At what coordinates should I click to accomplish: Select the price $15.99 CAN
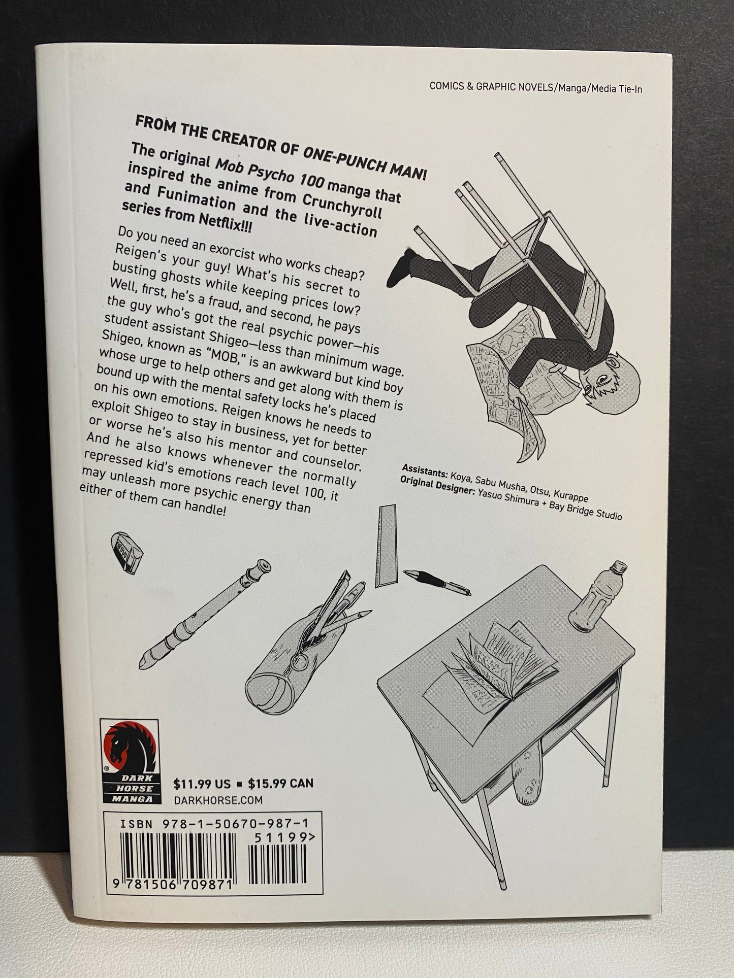click(280, 783)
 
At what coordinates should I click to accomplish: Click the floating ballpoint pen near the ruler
click(436, 581)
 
